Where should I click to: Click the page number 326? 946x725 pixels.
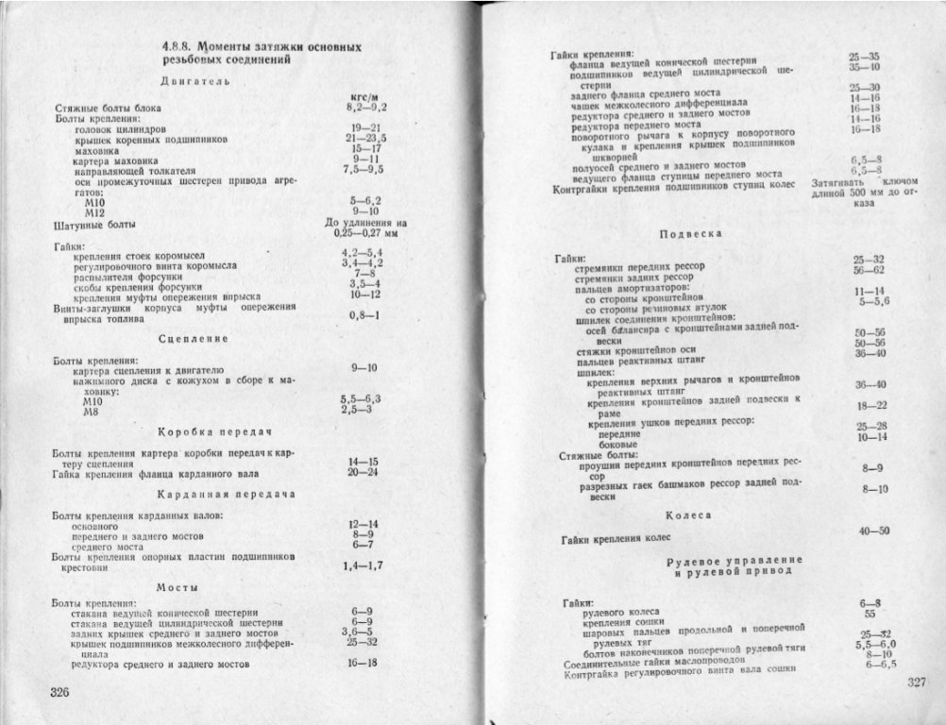pos(61,693)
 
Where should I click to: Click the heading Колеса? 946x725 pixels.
pos(688,515)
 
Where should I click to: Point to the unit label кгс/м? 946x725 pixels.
pos(364,97)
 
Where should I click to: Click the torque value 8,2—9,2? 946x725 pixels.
pos(367,109)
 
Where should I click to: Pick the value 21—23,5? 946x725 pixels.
pos(365,138)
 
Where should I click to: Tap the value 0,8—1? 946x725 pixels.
pos(363,315)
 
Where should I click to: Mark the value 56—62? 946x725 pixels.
pos(868,270)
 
